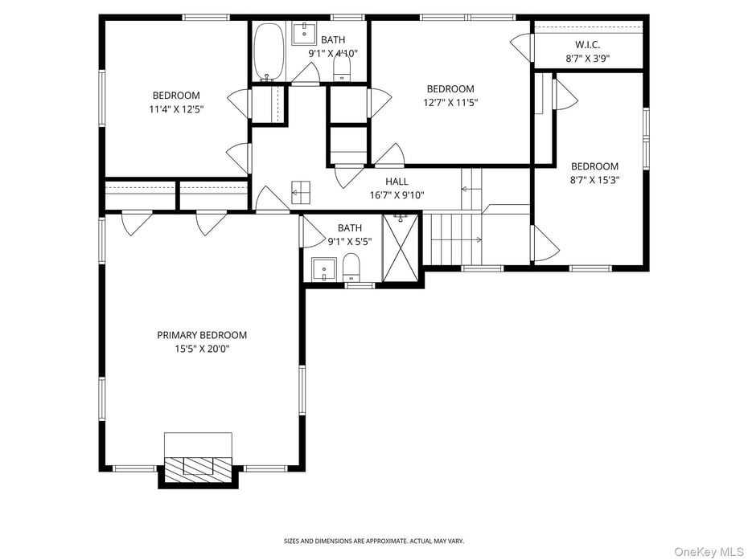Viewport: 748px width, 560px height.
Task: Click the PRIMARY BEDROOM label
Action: [x=202, y=335]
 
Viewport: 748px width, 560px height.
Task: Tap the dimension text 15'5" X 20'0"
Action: [x=202, y=349]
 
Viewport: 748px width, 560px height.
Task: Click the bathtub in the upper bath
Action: [x=269, y=51]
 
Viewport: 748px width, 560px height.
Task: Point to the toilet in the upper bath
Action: [x=343, y=67]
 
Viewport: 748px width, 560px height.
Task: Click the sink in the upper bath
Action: [x=304, y=34]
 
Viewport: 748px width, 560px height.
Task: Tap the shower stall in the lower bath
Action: [x=401, y=247]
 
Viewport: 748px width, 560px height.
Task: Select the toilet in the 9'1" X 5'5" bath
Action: [x=351, y=268]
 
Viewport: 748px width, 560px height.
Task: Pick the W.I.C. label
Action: [x=587, y=44]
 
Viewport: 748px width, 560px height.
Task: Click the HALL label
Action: [x=397, y=182]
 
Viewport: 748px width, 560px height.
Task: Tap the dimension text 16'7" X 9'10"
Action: [x=397, y=195]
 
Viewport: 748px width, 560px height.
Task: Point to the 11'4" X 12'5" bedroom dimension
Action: [x=176, y=109]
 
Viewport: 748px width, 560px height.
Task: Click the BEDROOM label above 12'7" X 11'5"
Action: [x=450, y=88]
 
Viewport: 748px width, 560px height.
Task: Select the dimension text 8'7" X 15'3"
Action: [x=595, y=180]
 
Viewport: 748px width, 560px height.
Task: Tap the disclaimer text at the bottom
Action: [x=373, y=541]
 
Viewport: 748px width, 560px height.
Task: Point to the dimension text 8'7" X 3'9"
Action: [x=587, y=58]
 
